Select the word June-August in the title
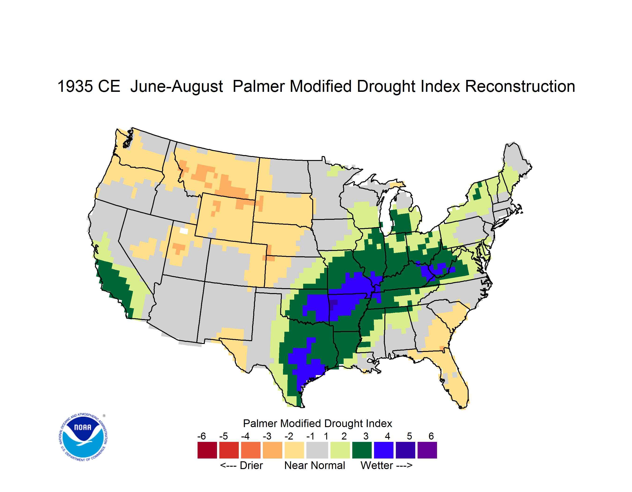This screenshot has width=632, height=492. click(176, 87)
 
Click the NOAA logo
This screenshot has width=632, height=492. click(83, 437)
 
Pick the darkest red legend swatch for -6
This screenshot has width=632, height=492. click(207, 450)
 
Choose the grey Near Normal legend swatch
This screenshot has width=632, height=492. click(317, 450)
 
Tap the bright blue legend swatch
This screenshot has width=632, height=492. click(384, 450)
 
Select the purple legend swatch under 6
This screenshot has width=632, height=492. click(427, 450)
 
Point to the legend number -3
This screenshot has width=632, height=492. click(267, 436)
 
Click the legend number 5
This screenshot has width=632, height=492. click(409, 436)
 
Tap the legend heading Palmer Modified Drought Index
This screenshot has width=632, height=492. click(317, 423)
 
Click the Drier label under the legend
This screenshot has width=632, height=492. click(251, 465)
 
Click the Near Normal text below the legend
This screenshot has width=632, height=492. click(315, 465)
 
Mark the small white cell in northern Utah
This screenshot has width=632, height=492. click(184, 231)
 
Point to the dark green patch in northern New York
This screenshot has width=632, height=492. click(477, 192)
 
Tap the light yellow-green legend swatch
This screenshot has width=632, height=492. click(340, 450)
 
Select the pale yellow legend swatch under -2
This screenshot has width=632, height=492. click(294, 450)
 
